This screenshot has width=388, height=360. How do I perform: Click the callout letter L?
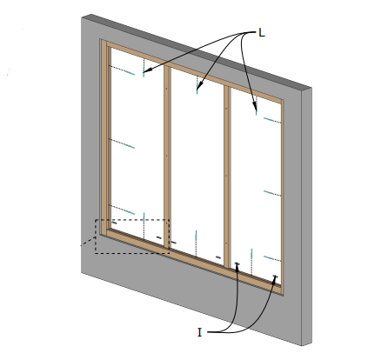tap(262, 33)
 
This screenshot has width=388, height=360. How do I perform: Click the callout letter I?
tap(199, 332)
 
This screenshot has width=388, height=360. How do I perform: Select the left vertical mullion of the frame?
tap(167, 157)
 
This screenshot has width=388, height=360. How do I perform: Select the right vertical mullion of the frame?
tap(228, 176)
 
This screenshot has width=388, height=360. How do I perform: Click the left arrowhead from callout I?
tap(237, 266)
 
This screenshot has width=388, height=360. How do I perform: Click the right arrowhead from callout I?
tap(274, 278)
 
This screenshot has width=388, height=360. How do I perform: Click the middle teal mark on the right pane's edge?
tap(269, 192)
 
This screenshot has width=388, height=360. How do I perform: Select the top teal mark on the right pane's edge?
tap(269, 119)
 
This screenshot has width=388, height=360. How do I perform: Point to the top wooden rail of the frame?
tap(195, 72)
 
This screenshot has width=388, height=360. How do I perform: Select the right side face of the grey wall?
tap(307, 216)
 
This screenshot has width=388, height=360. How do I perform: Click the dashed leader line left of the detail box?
tap(88, 241)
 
